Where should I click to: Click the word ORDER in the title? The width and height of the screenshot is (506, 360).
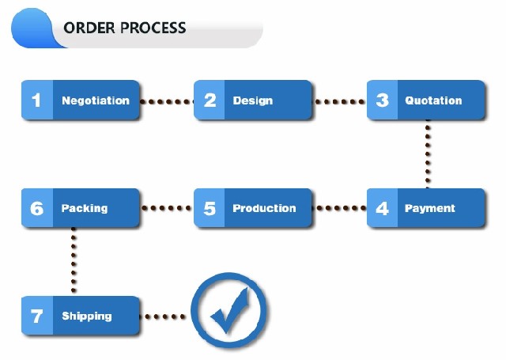pyautogui.click(x=89, y=28)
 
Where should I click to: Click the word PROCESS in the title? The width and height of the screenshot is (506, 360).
pyautogui.click(x=153, y=28)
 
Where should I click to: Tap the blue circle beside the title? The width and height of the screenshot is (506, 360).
pyautogui.click(x=32, y=28)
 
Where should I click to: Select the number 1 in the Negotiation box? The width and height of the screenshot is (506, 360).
pyautogui.click(x=36, y=100)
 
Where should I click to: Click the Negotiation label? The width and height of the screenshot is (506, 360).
pyautogui.click(x=96, y=100)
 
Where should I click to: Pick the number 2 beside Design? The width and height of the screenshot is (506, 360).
pyautogui.click(x=210, y=100)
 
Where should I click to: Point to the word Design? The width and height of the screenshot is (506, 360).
pyautogui.click(x=253, y=100)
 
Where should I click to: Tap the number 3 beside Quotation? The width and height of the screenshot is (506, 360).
pyautogui.click(x=383, y=100)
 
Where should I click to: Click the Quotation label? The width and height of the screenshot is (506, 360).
pyautogui.click(x=433, y=100)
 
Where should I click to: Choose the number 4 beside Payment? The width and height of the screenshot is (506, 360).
pyautogui.click(x=383, y=208)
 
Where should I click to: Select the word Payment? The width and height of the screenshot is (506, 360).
pyautogui.click(x=430, y=209)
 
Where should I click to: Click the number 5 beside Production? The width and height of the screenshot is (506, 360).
pyautogui.click(x=210, y=208)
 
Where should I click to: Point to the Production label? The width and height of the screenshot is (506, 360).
pyautogui.click(x=264, y=208)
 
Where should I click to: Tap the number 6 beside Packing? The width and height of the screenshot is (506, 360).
pyautogui.click(x=37, y=208)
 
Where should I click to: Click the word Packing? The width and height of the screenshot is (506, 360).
pyautogui.click(x=85, y=209)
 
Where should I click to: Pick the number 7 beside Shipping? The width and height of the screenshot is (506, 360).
pyautogui.click(x=36, y=316)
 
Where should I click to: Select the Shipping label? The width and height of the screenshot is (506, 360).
pyautogui.click(x=87, y=316)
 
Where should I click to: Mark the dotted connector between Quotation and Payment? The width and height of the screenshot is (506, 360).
pyautogui.click(x=428, y=154)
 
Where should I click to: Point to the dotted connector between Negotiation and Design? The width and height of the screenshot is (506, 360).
pyautogui.click(x=167, y=102)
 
